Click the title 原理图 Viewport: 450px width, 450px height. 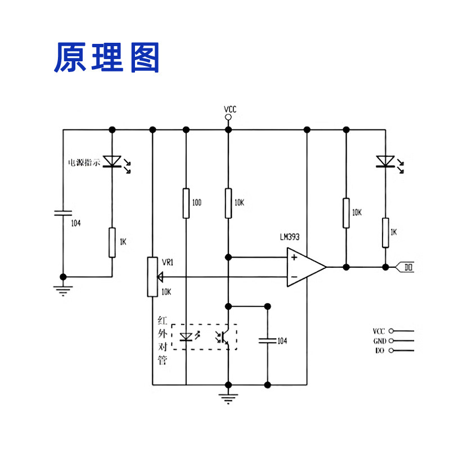107,57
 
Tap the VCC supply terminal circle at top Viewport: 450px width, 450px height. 228,118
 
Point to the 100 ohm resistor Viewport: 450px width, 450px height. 186,203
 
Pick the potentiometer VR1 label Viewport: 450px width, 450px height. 168,263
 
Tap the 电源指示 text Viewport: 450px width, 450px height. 84,163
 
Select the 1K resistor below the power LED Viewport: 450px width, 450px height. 112,242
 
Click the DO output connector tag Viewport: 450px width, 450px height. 407,267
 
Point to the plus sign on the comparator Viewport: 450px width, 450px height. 294,258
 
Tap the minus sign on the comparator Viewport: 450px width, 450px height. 294,277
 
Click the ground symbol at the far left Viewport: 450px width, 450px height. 63,290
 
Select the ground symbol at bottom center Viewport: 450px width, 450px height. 228,400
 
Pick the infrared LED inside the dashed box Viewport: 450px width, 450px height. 186,337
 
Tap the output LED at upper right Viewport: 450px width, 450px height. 385,161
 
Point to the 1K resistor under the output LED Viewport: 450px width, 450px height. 385,232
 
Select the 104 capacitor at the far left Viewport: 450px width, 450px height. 63,213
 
